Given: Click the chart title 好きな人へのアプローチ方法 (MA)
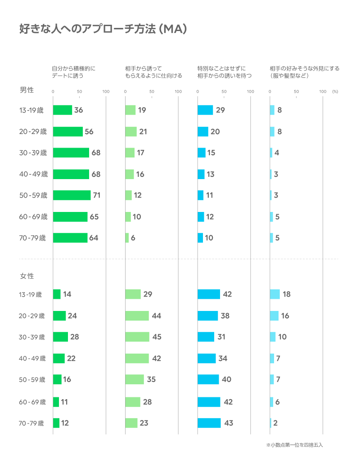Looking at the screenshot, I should click(103, 29).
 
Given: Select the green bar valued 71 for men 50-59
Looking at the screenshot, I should click(72, 195).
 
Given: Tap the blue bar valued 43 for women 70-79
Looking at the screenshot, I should click(209, 423).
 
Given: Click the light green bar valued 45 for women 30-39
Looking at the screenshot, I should click(137, 337).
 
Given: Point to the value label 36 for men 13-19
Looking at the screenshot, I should click(78, 110).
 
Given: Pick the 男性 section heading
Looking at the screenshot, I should click(27, 90).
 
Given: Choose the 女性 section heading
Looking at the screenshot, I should click(27, 275).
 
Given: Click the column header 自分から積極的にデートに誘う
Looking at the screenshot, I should click(74, 72).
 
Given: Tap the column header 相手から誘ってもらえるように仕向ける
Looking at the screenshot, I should click(153, 72).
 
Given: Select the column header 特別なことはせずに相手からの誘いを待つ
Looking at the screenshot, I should click(224, 72).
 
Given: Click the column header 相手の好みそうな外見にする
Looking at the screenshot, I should click(304, 72).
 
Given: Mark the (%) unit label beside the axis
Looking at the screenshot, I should click(335, 91).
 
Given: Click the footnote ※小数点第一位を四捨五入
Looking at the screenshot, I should click(295, 445).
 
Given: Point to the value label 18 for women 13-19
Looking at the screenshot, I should click(286, 294).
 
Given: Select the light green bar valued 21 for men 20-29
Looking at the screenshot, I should click(130, 131).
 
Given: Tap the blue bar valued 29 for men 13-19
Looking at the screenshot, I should click(205, 110).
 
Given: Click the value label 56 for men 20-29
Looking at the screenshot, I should click(89, 131).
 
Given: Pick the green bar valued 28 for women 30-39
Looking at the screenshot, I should click(60, 337).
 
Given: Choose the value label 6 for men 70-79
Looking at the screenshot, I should click(133, 238).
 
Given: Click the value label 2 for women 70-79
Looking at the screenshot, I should click(275, 423).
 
